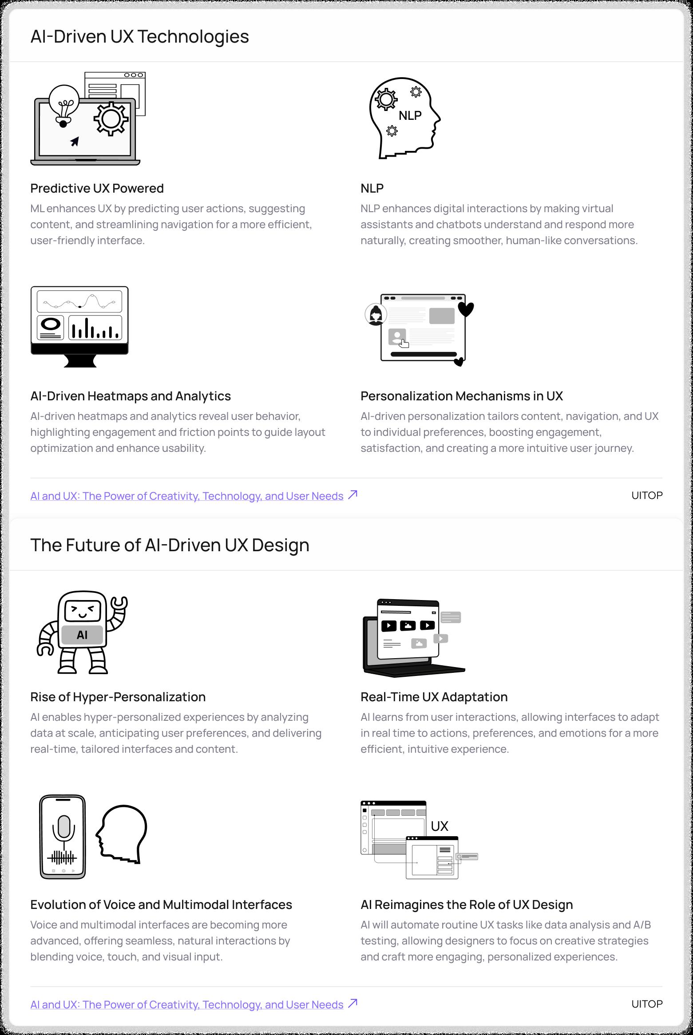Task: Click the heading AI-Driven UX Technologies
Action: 139,36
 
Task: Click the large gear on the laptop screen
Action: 111,119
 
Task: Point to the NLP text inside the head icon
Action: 410,115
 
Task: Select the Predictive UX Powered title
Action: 97,188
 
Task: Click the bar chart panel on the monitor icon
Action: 95,328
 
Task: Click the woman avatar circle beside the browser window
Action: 376,315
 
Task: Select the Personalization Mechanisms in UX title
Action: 461,396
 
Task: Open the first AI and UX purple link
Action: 186,496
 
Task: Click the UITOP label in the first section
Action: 646,495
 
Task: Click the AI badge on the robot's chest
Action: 82,635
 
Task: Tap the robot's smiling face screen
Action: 83,612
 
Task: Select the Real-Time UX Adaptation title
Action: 434,697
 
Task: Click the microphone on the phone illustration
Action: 63,827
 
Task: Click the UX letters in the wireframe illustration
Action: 440,826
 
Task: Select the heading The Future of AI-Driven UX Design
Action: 170,545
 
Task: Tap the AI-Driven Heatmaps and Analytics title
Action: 131,396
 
